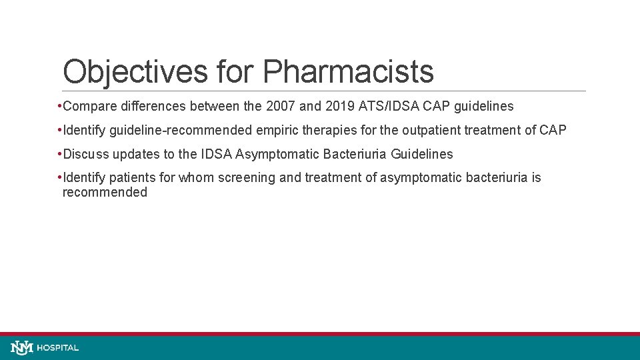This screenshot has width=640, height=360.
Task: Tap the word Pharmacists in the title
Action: tap(348, 72)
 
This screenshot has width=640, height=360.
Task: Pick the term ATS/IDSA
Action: tap(381, 107)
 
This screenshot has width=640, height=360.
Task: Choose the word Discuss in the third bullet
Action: tap(86, 155)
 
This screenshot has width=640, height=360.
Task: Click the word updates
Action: tap(136, 155)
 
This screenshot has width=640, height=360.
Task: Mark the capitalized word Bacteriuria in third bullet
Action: tap(355, 155)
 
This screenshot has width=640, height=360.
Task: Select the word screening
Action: tap(250, 178)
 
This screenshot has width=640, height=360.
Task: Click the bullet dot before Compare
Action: tap(60, 107)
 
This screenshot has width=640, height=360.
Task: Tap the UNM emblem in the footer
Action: tap(22, 347)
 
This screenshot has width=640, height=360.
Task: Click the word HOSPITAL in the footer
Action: tap(58, 348)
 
